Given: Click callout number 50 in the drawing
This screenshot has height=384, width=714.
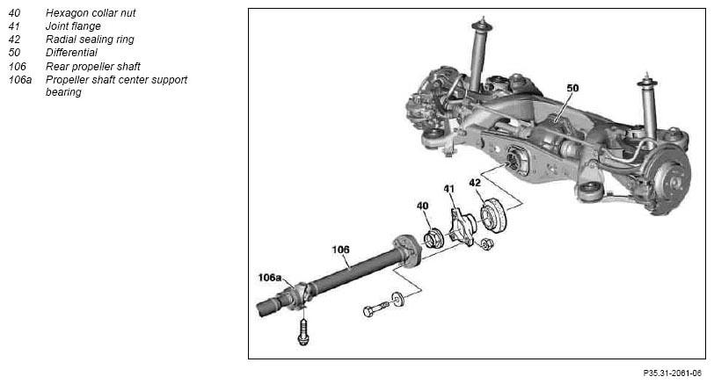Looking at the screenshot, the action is pyautogui.click(x=572, y=88).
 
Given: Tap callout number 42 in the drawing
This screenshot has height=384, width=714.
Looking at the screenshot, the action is pyautogui.click(x=475, y=183).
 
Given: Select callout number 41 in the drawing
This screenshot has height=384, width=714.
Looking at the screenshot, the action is pyautogui.click(x=449, y=188).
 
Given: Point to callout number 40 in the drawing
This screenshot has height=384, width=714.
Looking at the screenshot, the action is pyautogui.click(x=423, y=206).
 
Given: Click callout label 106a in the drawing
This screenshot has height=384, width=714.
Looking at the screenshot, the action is pyautogui.click(x=270, y=277).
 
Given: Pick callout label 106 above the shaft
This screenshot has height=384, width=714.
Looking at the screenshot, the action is pyautogui.click(x=340, y=250).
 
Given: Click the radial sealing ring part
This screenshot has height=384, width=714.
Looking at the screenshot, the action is pyautogui.click(x=493, y=215).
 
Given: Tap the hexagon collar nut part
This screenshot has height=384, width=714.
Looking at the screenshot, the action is pyautogui.click(x=433, y=238).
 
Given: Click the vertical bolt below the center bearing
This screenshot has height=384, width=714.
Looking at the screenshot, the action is pyautogui.click(x=303, y=331).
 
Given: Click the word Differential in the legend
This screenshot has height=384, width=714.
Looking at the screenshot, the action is pyautogui.click(x=71, y=53).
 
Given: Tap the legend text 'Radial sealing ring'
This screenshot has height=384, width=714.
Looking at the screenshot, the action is pyautogui.click(x=90, y=40).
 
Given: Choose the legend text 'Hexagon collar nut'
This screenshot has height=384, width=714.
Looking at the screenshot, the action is pyautogui.click(x=91, y=13).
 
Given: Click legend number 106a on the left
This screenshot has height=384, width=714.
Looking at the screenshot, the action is pyautogui.click(x=20, y=80).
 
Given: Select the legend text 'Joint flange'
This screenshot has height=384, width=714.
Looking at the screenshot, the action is pyautogui.click(x=73, y=26).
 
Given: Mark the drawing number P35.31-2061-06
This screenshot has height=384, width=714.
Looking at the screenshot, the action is pyautogui.click(x=672, y=373).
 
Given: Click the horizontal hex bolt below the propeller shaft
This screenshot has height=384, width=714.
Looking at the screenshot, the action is pyautogui.click(x=376, y=309).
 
